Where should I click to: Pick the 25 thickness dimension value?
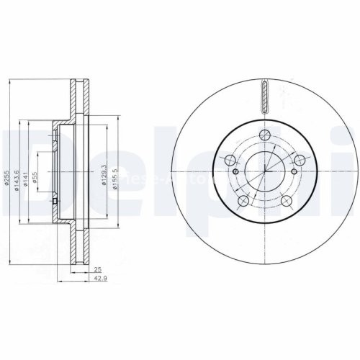coord(96,269)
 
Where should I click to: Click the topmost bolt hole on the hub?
coord(266,134)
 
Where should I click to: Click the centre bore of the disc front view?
coord(266,171)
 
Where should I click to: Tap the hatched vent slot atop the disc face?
coord(266,96)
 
